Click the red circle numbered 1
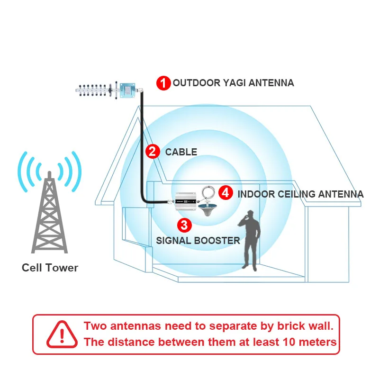point(163,83)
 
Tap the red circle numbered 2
point(152,152)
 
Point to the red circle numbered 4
point(226,192)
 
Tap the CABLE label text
point(181,152)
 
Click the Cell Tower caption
point(50,268)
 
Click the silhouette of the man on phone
point(251,239)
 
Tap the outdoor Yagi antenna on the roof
point(108,89)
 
